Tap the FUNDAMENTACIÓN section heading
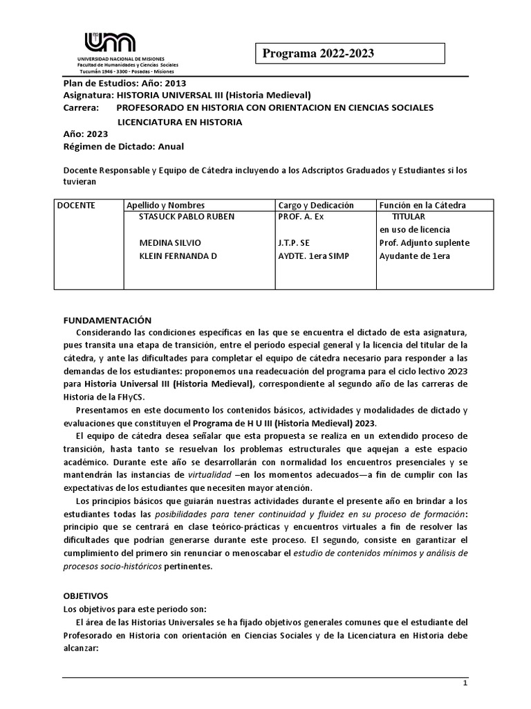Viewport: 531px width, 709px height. click(x=107, y=320)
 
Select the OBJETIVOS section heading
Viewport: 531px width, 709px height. click(x=86, y=595)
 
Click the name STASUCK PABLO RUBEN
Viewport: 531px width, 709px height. click(x=187, y=217)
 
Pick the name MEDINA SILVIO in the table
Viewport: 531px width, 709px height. click(x=170, y=243)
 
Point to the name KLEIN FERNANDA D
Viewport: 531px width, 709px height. click(x=178, y=256)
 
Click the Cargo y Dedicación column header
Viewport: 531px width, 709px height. click(x=316, y=205)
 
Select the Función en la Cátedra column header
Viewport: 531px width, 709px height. click(x=422, y=205)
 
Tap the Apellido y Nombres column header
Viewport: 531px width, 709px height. click(x=165, y=205)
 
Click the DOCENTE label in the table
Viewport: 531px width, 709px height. click(x=76, y=205)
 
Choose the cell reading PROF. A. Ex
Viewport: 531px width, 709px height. click(x=301, y=217)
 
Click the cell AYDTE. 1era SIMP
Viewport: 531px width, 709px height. click(x=314, y=256)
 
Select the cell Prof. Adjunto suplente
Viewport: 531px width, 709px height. click(x=425, y=243)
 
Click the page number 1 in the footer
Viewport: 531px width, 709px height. click(x=465, y=701)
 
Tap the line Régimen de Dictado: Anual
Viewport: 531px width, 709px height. click(x=124, y=147)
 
